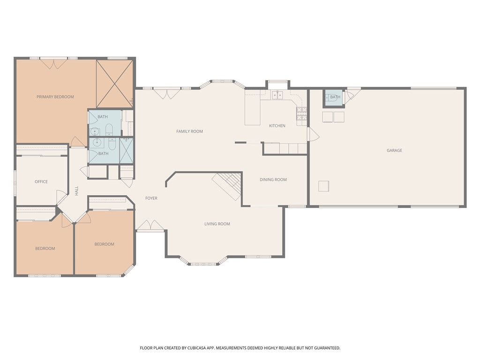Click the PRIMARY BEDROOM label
pos(55,97)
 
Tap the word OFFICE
pos(41,182)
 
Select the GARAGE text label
pos(394,150)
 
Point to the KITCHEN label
pos(277,126)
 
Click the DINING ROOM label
pos(273,180)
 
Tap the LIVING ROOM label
pos(217,224)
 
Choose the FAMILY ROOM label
pos(189,132)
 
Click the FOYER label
pos(151,198)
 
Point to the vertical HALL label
pos(76,191)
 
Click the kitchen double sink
pos(277,96)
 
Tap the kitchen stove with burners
pos(301,113)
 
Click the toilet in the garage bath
pos(330,97)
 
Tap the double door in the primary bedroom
pos(53,63)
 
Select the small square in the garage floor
pos(323,186)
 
